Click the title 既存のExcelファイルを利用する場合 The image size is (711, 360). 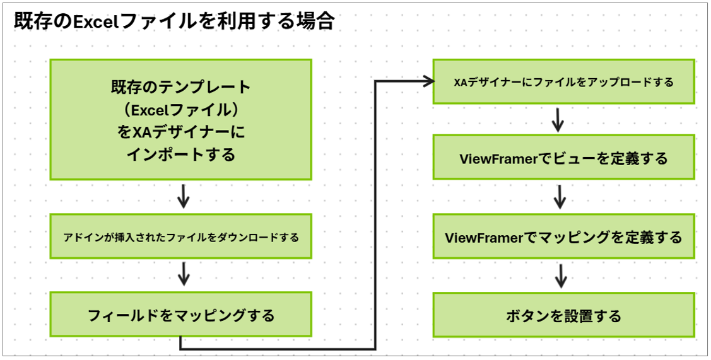click(x=173, y=20)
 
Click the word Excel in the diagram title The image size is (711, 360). click(x=95, y=21)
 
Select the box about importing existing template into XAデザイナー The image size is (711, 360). click(x=180, y=120)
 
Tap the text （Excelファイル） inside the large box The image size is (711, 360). click(x=180, y=109)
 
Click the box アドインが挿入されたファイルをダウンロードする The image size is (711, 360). click(x=180, y=238)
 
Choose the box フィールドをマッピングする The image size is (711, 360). click(x=180, y=315)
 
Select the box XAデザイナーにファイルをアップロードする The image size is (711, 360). click(x=563, y=82)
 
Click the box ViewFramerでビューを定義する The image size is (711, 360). click(x=563, y=158)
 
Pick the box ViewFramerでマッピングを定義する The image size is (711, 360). click(x=563, y=237)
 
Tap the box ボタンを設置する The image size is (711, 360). click(x=563, y=315)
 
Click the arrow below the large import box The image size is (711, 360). click(x=183, y=197)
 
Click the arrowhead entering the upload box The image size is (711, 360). click(x=429, y=81)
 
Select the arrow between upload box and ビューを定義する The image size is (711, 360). click(x=558, y=119)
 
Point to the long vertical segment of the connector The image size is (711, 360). click(x=376, y=214)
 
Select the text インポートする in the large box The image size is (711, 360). click(x=180, y=154)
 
